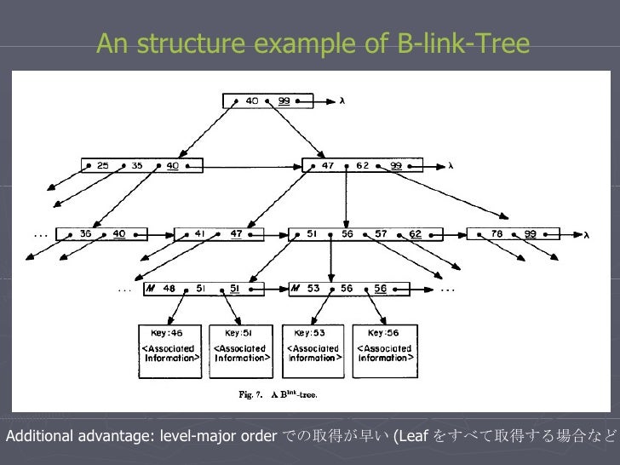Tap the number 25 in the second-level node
[102, 166]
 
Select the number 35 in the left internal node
[137, 166]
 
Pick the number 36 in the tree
[85, 233]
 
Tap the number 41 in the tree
[201, 233]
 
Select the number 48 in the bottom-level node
[169, 289]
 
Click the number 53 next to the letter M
[313, 289]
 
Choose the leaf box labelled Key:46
[169, 349]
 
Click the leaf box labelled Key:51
[241, 349]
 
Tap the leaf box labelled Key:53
[313, 349]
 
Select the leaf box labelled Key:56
[385, 349]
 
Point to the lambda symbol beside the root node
[342, 100]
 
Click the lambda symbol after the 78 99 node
[587, 234]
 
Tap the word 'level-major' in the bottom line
[194, 438]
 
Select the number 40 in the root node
[252, 100]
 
